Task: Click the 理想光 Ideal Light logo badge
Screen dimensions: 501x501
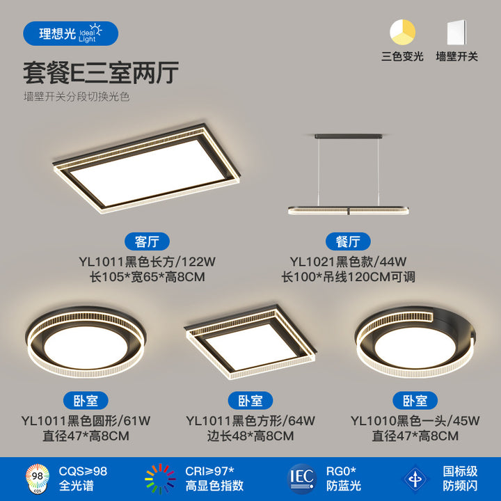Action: click(70, 33)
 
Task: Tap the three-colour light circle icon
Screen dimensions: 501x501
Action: click(402, 32)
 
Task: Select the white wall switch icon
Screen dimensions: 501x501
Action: click(456, 32)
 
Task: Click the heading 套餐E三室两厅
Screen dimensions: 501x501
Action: click(101, 73)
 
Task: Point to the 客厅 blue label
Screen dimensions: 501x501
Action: click(147, 241)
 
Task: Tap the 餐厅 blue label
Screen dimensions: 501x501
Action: click(348, 241)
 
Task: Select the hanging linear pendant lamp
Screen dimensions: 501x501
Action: click(349, 175)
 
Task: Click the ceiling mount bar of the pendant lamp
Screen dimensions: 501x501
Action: click(349, 136)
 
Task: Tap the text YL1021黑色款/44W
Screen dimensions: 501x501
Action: click(348, 262)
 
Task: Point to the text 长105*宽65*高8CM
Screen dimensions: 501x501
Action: click(147, 277)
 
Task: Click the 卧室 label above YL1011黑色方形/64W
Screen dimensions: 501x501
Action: click(250, 400)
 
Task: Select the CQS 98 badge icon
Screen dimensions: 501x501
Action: click(38, 479)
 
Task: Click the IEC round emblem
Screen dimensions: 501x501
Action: click(302, 479)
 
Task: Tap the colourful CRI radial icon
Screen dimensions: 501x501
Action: click(160, 479)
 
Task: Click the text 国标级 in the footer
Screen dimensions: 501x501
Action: click(460, 471)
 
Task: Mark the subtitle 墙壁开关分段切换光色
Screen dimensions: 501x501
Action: click(77, 97)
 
